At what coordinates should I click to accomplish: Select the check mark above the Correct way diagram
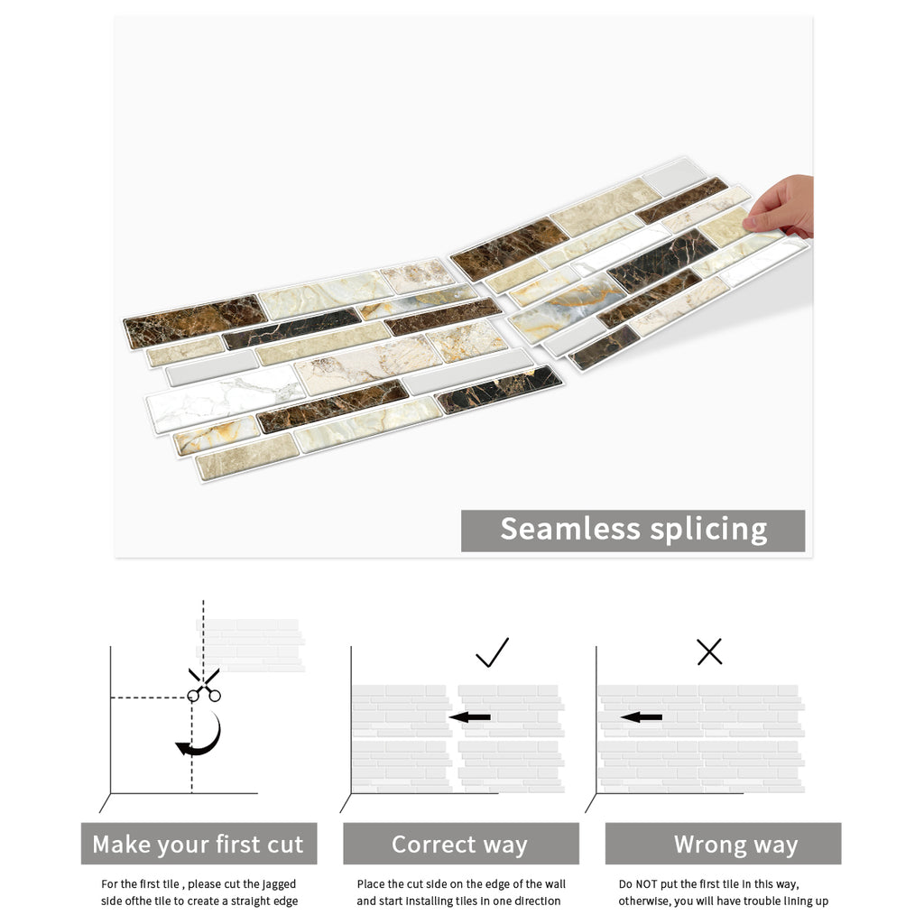pos(492,652)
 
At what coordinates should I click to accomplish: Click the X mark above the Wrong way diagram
pos(709,651)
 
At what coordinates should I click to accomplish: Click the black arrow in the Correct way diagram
pos(469,717)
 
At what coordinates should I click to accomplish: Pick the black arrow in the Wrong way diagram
pos(642,717)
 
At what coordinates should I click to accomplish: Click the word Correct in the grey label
pos(434,844)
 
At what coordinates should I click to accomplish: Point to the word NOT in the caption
pos(646,884)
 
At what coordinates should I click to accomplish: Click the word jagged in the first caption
pos(280,885)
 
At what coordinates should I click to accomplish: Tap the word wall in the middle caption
pos(554,884)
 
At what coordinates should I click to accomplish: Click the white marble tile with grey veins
pos(226,397)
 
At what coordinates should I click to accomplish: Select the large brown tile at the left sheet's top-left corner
pos(195,320)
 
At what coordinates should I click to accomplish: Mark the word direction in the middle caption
pos(534,901)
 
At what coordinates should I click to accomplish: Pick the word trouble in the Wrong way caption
pos(761,901)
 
